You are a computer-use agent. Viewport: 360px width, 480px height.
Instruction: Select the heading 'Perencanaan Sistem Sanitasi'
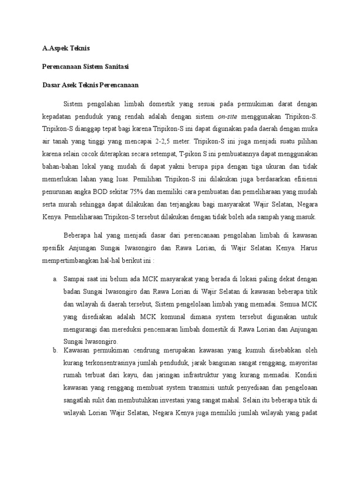point(83,67)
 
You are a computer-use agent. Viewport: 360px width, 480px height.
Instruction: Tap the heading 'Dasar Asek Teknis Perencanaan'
point(89,85)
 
